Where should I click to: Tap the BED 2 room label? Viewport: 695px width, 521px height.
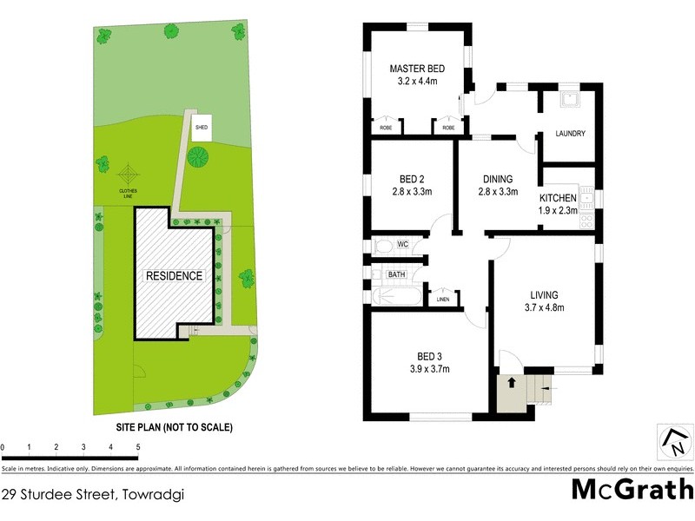[x=413, y=180]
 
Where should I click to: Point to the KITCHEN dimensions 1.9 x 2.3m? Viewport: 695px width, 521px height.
[x=559, y=210]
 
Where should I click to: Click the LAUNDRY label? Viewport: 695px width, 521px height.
[x=570, y=134]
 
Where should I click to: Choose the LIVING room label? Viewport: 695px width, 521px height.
[x=545, y=294]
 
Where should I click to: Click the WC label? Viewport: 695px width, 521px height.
[x=402, y=245]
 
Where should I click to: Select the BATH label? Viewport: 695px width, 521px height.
[x=397, y=274]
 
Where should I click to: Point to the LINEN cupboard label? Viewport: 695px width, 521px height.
[x=443, y=300]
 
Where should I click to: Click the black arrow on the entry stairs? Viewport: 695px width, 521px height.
[x=512, y=381]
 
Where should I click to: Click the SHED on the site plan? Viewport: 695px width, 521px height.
[x=202, y=127]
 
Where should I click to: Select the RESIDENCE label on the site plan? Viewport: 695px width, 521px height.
[x=174, y=276]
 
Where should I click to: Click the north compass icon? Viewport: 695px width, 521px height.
[x=673, y=444]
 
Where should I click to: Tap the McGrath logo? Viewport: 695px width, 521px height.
[x=632, y=489]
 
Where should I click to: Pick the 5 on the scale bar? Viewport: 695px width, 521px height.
[x=137, y=447]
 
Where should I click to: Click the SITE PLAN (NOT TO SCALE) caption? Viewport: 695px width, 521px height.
[x=175, y=427]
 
